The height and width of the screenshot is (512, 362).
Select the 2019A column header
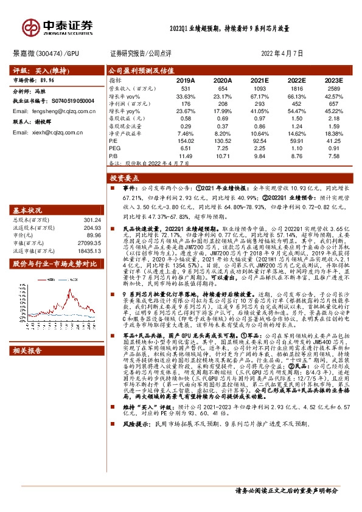point(185,80)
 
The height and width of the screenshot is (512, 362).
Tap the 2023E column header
point(333,80)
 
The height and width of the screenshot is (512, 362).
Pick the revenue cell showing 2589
point(333,88)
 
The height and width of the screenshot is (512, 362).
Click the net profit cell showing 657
point(333,105)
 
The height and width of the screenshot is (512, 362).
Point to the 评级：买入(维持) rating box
point(34,70)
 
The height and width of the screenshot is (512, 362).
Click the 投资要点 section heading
point(125,179)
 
